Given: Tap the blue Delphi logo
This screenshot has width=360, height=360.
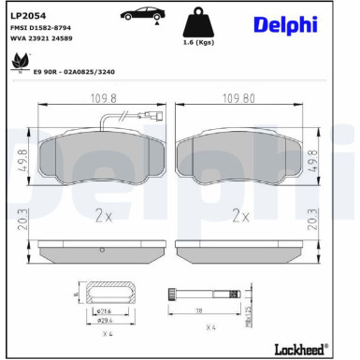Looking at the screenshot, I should click(285, 24).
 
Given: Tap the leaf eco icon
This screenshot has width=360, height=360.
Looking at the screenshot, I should click(17, 63).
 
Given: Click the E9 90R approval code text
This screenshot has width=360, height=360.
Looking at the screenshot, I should click(74, 70).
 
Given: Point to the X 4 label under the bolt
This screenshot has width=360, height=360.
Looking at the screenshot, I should click(210, 327).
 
